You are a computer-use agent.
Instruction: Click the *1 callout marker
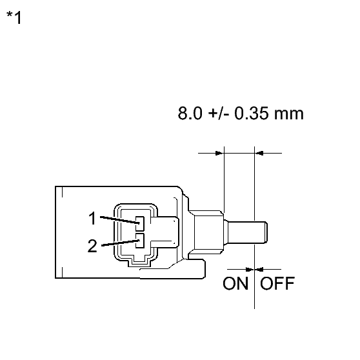(14, 17)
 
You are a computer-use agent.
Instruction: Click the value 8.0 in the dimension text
(190, 113)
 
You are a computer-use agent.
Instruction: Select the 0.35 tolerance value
(251, 113)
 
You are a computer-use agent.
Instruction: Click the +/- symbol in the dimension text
(218, 114)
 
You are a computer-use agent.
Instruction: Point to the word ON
(235, 283)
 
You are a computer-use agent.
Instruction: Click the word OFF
(277, 283)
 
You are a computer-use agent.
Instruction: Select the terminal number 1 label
(92, 218)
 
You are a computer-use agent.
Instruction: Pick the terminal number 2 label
(92, 246)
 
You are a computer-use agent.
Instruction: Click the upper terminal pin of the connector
(140, 223)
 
